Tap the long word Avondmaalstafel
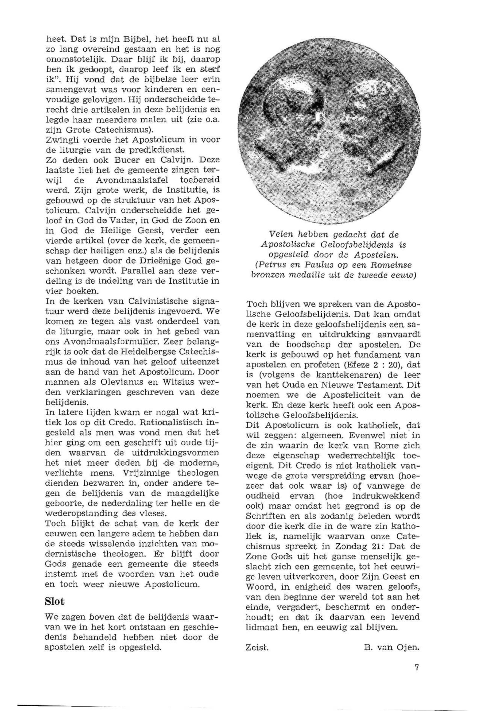(x=126, y=180)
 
